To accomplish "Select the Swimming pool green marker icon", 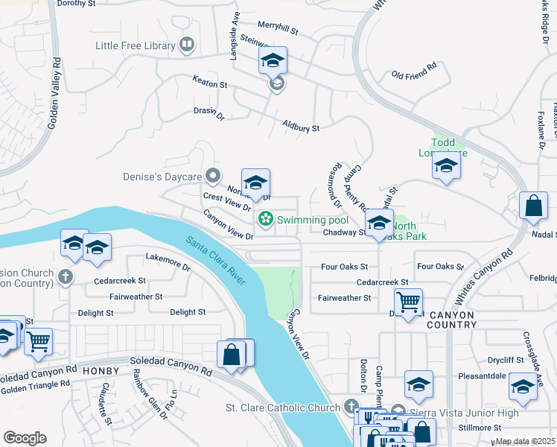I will [x=264, y=220].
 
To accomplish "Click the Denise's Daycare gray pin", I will [x=213, y=177].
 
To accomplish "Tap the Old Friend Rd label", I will [x=413, y=75].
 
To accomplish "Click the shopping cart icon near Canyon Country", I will [x=408, y=302].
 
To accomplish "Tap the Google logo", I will [x=25, y=438].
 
